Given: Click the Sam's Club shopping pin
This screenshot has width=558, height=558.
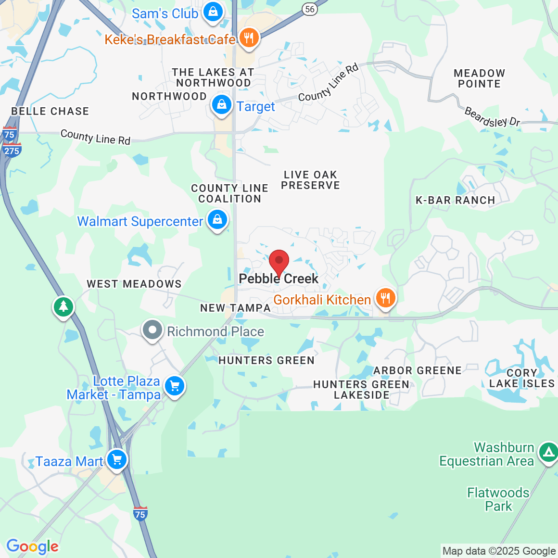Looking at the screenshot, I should (x=213, y=12).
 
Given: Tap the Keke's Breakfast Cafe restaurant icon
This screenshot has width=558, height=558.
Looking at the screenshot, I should (x=249, y=38).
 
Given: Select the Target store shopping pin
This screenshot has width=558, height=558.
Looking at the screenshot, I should (x=222, y=105).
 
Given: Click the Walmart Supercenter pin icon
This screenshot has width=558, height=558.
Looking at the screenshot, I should (x=217, y=220).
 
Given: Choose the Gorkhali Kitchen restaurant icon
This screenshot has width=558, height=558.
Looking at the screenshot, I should (x=385, y=298).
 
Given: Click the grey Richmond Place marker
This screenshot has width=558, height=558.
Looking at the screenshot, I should (x=153, y=330).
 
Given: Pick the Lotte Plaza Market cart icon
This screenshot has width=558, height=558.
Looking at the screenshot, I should (x=175, y=386).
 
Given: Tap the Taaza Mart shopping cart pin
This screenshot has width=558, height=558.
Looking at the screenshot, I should (x=117, y=460).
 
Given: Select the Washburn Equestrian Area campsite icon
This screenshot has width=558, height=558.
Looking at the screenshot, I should (x=548, y=452).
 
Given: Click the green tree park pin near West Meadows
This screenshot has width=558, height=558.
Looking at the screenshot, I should (x=63, y=306).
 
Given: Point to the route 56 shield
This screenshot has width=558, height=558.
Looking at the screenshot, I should (x=310, y=9).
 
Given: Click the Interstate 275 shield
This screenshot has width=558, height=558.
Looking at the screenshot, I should (x=12, y=151).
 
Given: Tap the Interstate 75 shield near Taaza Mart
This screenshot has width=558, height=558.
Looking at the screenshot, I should (x=140, y=514).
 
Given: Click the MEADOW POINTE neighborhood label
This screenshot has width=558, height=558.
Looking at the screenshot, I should (x=479, y=78).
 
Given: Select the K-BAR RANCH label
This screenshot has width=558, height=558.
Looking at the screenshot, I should (x=455, y=200).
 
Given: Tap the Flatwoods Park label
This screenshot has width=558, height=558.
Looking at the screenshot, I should (x=498, y=499).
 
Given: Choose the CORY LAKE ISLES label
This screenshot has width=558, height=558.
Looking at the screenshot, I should (x=522, y=378).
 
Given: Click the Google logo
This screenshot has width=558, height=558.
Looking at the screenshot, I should (x=32, y=546).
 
